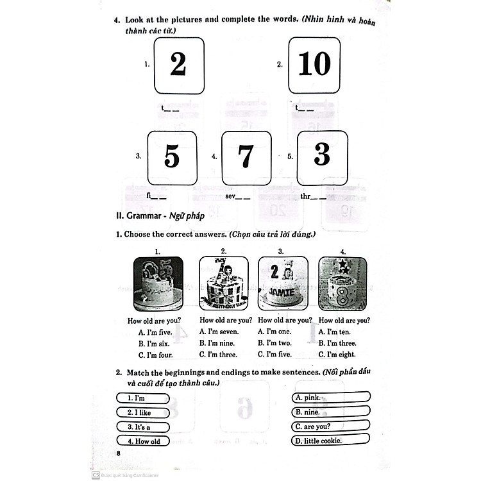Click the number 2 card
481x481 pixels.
click(x=178, y=65)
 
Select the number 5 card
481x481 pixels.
click(x=172, y=157)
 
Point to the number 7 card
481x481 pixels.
click(x=246, y=157)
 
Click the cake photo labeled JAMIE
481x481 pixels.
click(x=280, y=283)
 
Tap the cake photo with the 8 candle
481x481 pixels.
click(x=342, y=283)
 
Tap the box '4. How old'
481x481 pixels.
click(x=143, y=441)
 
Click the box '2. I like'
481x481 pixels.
click(x=143, y=412)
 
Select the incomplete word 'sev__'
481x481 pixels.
click(x=237, y=196)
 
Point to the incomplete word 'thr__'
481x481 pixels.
click(x=313, y=196)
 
